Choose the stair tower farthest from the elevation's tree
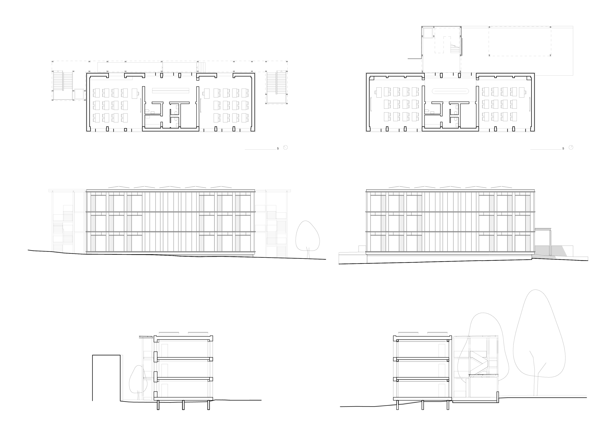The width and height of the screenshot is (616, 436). (63, 222)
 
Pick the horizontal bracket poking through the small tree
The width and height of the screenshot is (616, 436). (147, 378)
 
